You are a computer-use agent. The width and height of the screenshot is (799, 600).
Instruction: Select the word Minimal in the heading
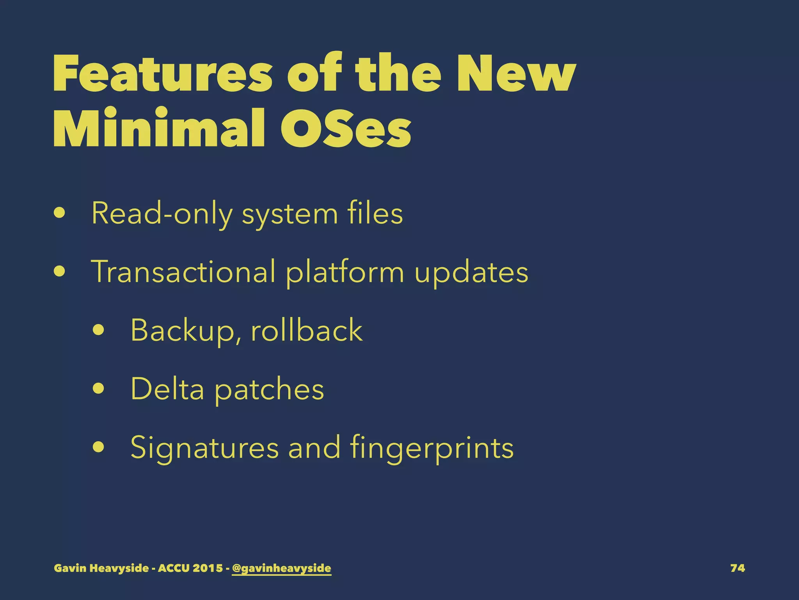point(159,128)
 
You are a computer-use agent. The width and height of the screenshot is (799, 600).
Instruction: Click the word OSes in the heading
point(346,128)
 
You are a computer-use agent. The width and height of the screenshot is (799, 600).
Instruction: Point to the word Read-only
point(162,214)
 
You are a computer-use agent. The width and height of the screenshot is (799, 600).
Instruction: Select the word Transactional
point(183,272)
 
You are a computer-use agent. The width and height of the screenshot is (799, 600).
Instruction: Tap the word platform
point(345,273)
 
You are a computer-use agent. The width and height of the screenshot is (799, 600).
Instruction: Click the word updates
point(471,273)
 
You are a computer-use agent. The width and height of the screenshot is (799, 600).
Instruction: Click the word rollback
point(307,330)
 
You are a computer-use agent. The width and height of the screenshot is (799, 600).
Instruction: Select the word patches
point(269,390)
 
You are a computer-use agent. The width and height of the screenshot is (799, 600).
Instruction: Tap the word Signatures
point(204,448)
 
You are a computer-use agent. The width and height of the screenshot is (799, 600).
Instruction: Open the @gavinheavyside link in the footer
point(281,568)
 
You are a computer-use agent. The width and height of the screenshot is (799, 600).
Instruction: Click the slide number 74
point(737,568)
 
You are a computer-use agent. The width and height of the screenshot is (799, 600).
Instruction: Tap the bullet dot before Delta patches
point(99,389)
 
